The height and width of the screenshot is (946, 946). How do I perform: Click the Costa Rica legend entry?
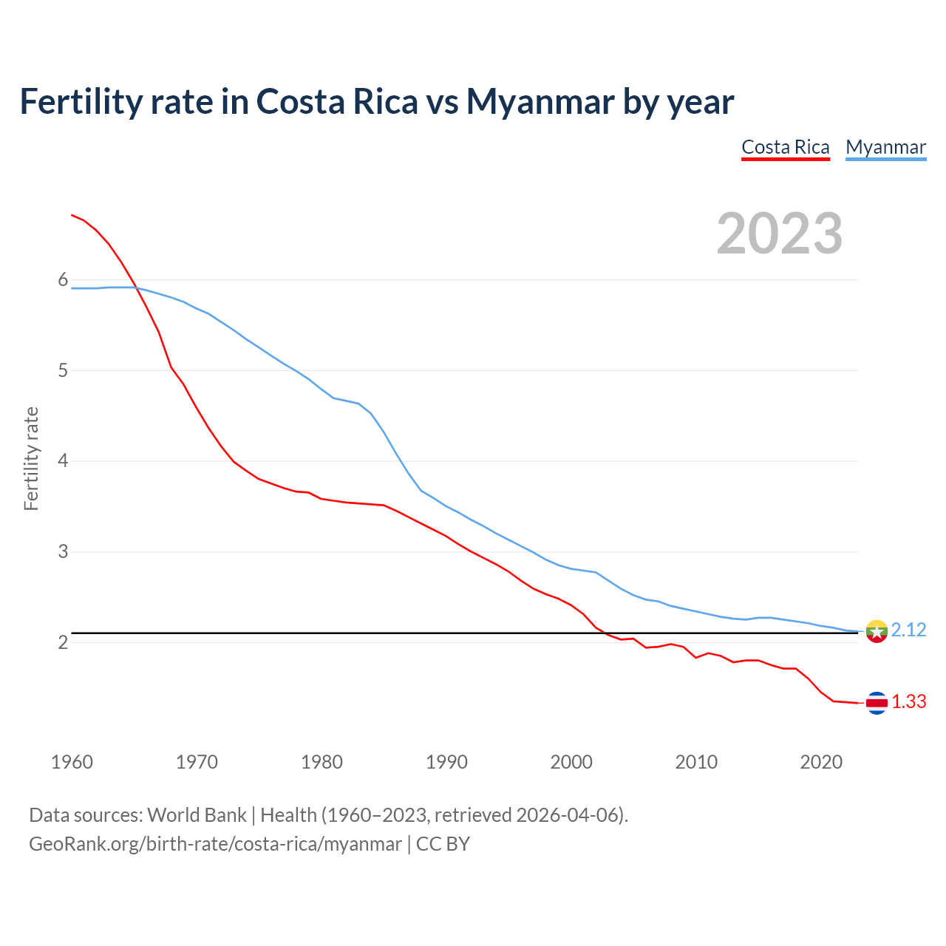pos(786,147)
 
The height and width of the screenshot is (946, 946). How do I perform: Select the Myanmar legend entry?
pos(885,147)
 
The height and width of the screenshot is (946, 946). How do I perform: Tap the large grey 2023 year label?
pos(780,234)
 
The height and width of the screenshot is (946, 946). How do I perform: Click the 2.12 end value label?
pos(908,630)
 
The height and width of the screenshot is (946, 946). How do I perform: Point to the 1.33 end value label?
pos(908,701)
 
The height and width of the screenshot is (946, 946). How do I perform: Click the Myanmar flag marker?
pos(877,631)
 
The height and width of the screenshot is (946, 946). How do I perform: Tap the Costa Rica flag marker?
pos(877,703)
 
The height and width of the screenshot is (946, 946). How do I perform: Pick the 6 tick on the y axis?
pos(63,279)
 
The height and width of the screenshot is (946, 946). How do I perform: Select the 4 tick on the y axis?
pos(63,461)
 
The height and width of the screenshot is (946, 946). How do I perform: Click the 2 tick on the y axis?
pos(63,642)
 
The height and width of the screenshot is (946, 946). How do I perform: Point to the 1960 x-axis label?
pos(72,762)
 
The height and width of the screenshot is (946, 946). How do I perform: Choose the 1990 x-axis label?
pos(446,762)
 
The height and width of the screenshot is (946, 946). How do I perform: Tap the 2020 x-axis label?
pos(821,762)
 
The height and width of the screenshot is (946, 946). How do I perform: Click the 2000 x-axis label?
pos(571,762)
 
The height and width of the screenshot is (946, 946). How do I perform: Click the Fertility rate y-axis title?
pos(31,458)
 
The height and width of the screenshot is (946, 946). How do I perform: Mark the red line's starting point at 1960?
pos(72,215)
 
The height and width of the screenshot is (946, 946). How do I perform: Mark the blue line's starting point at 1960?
pos(72,288)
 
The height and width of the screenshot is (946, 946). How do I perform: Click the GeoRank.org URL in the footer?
pos(215,843)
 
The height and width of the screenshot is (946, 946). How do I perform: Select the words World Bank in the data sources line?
pos(197,815)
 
